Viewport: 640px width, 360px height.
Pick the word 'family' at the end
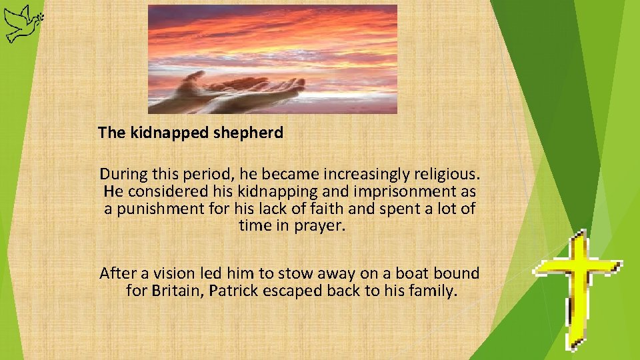point(435,291)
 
